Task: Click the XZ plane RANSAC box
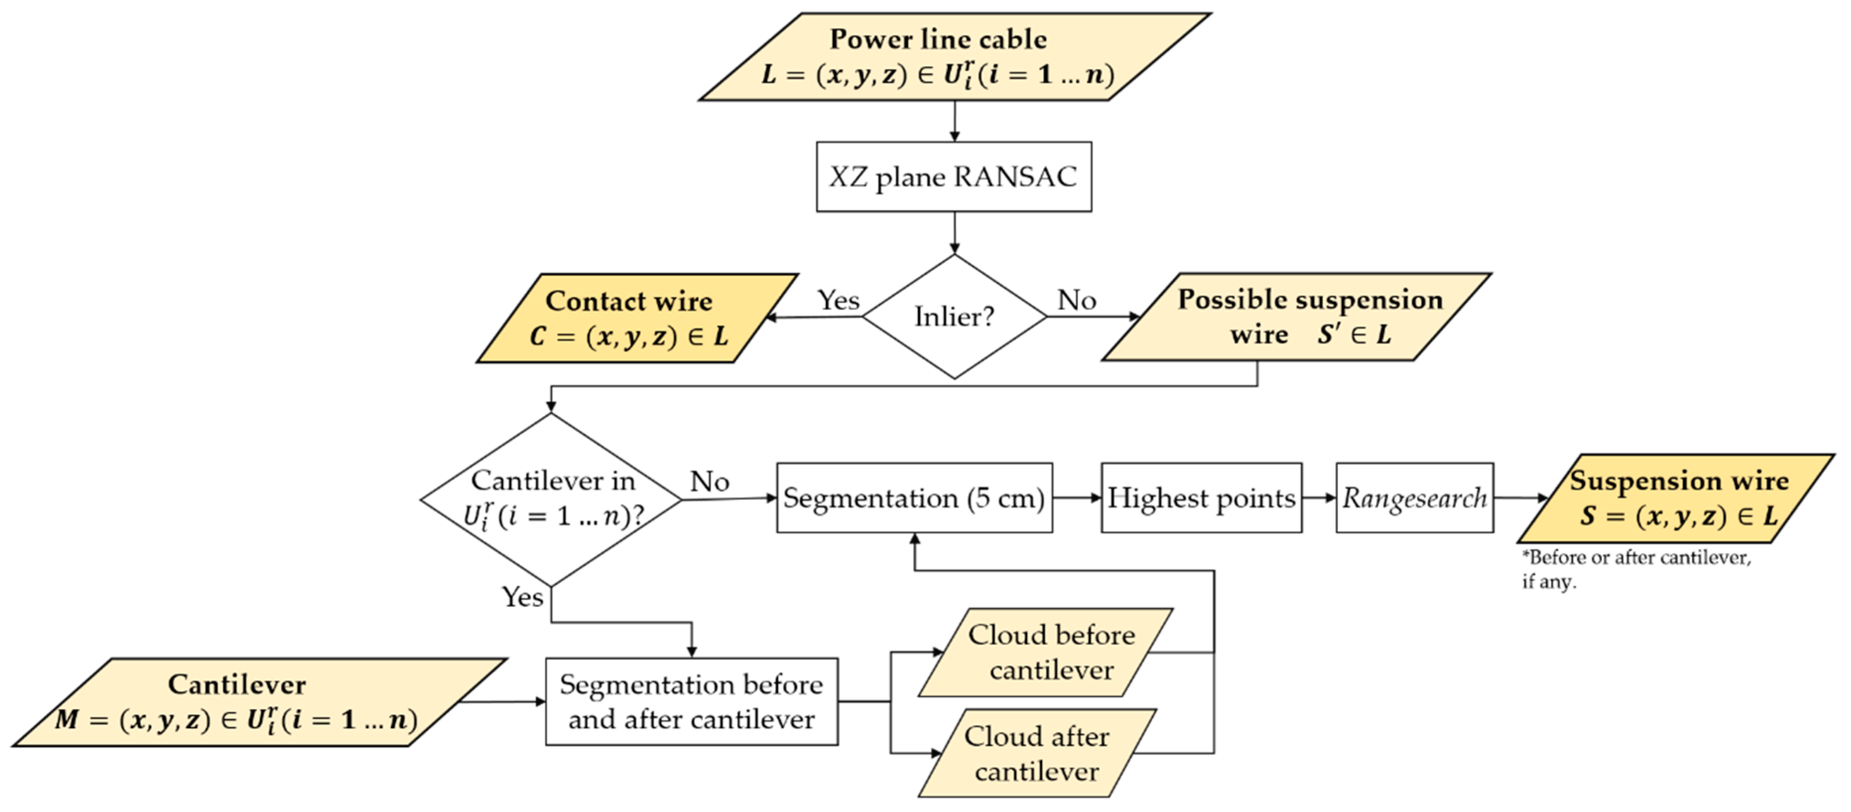click(x=954, y=177)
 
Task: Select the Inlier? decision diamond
click(x=954, y=316)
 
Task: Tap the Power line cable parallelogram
click(x=954, y=57)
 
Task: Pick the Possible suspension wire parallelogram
click(x=1296, y=317)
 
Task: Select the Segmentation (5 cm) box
click(x=914, y=498)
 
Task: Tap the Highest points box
click(x=1201, y=498)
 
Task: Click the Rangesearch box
click(x=1414, y=498)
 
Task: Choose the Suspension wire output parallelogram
click(x=1676, y=498)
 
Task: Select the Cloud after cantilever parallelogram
click(x=1037, y=753)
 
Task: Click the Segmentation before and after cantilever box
click(x=691, y=701)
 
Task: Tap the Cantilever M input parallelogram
click(x=258, y=702)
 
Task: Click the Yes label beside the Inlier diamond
click(x=838, y=300)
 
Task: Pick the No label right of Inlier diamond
click(x=1077, y=300)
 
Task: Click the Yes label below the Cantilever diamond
click(x=522, y=597)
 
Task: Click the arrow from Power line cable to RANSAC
click(x=954, y=121)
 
